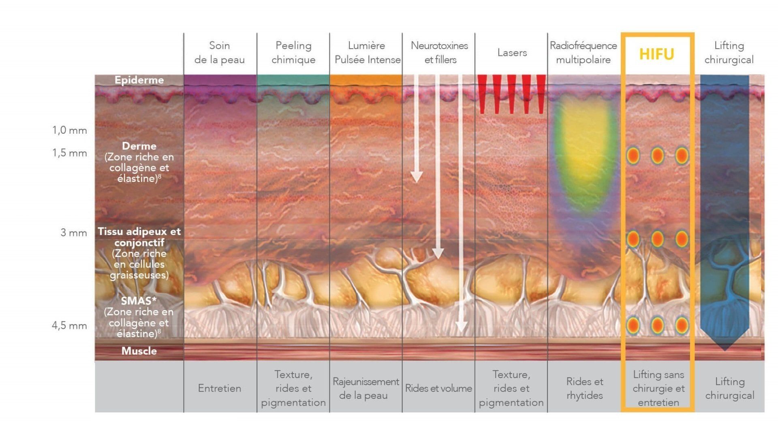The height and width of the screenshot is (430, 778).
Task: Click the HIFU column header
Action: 656,54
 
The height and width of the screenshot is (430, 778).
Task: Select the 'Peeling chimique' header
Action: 293,52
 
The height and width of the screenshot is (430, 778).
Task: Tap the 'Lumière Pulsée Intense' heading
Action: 367,52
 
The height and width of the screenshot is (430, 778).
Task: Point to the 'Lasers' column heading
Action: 512,52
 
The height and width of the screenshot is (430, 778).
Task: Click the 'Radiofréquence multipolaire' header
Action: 583,52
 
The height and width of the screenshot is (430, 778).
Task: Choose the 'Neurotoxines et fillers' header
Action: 440,52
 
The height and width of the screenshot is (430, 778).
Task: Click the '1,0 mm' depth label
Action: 69,130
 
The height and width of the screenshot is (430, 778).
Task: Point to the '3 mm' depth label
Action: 74,233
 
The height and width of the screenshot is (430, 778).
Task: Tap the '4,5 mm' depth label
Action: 69,325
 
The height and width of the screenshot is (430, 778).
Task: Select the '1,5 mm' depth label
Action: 69,153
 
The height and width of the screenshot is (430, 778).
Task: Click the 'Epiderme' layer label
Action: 139,80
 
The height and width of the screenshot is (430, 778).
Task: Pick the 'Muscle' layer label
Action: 139,351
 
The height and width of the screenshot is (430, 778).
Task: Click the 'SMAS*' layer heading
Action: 139,301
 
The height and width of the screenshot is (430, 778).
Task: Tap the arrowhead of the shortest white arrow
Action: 417,177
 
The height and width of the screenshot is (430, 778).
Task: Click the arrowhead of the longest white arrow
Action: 462,326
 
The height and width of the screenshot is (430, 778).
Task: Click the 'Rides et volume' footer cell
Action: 438,388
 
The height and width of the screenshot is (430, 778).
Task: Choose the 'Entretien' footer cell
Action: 220,388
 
